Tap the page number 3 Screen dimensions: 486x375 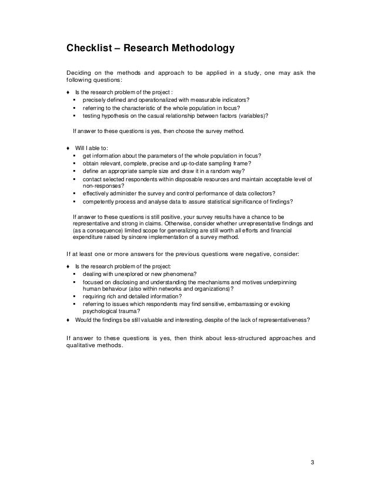pos(313,460)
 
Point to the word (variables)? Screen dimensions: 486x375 pos(251,116)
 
